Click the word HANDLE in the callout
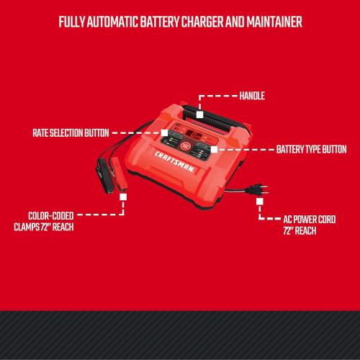pyautogui.click(x=252, y=94)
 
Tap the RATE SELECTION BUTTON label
pyautogui.click(x=70, y=133)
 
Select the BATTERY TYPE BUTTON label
pyautogui.click(x=310, y=150)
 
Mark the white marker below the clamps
pyautogui.click(x=123, y=196)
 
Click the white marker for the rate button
pyautogui.click(x=165, y=133)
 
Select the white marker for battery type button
pyautogui.click(x=214, y=150)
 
